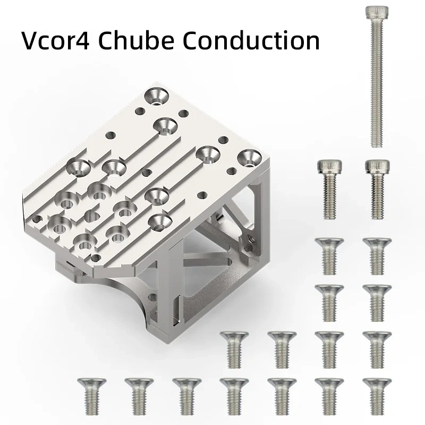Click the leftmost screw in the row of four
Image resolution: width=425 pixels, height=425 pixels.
(x=233, y=348)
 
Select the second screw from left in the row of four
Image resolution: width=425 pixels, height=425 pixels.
(x=281, y=348)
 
